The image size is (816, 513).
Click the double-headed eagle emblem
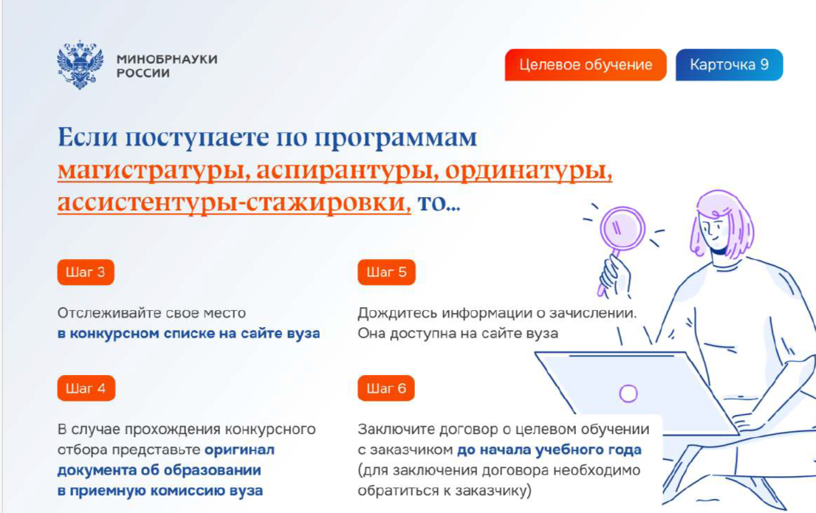tap(80, 65)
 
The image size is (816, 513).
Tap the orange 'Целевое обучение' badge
tap(586, 65)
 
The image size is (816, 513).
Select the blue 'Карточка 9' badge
tap(729, 65)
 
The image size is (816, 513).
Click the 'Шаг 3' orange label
tap(86, 272)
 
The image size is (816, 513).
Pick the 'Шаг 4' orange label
tap(86, 388)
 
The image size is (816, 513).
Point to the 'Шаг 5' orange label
tap(386, 272)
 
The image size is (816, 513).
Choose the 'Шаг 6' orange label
tap(386, 388)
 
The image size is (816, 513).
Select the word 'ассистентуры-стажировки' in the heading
tap(233, 202)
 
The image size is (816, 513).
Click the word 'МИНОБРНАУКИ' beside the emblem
tap(167, 59)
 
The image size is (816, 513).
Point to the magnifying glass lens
tap(622, 228)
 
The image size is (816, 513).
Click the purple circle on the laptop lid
tap(628, 393)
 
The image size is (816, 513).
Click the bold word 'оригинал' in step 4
tap(239, 450)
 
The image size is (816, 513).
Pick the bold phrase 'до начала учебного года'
tap(549, 450)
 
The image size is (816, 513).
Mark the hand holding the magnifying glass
tap(616, 276)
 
